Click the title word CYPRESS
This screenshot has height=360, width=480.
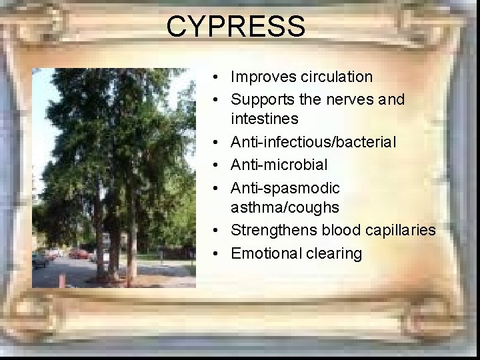[236, 27]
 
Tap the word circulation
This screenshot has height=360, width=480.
[336, 77]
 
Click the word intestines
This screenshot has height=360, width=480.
[264, 119]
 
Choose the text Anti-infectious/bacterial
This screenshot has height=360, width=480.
[313, 142]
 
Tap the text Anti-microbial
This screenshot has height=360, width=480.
[279, 164]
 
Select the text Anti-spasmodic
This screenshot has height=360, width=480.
[285, 188]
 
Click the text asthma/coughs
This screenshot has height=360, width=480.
[285, 207]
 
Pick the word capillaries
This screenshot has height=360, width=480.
[399, 231]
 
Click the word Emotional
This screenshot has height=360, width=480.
[266, 253]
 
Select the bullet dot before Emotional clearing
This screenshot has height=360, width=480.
[218, 254]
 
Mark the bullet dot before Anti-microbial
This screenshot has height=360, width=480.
[218, 165]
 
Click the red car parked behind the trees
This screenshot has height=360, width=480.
[80, 254]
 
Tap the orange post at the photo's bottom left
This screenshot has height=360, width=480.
[61, 280]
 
